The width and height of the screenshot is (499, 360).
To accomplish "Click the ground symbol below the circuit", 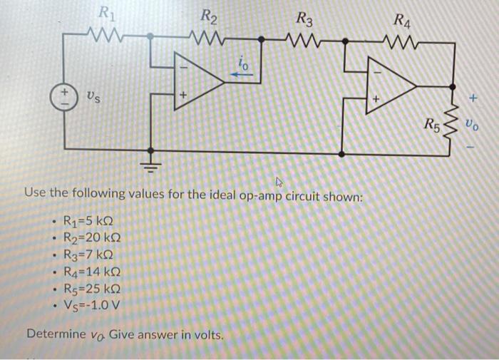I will click(x=150, y=168).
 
